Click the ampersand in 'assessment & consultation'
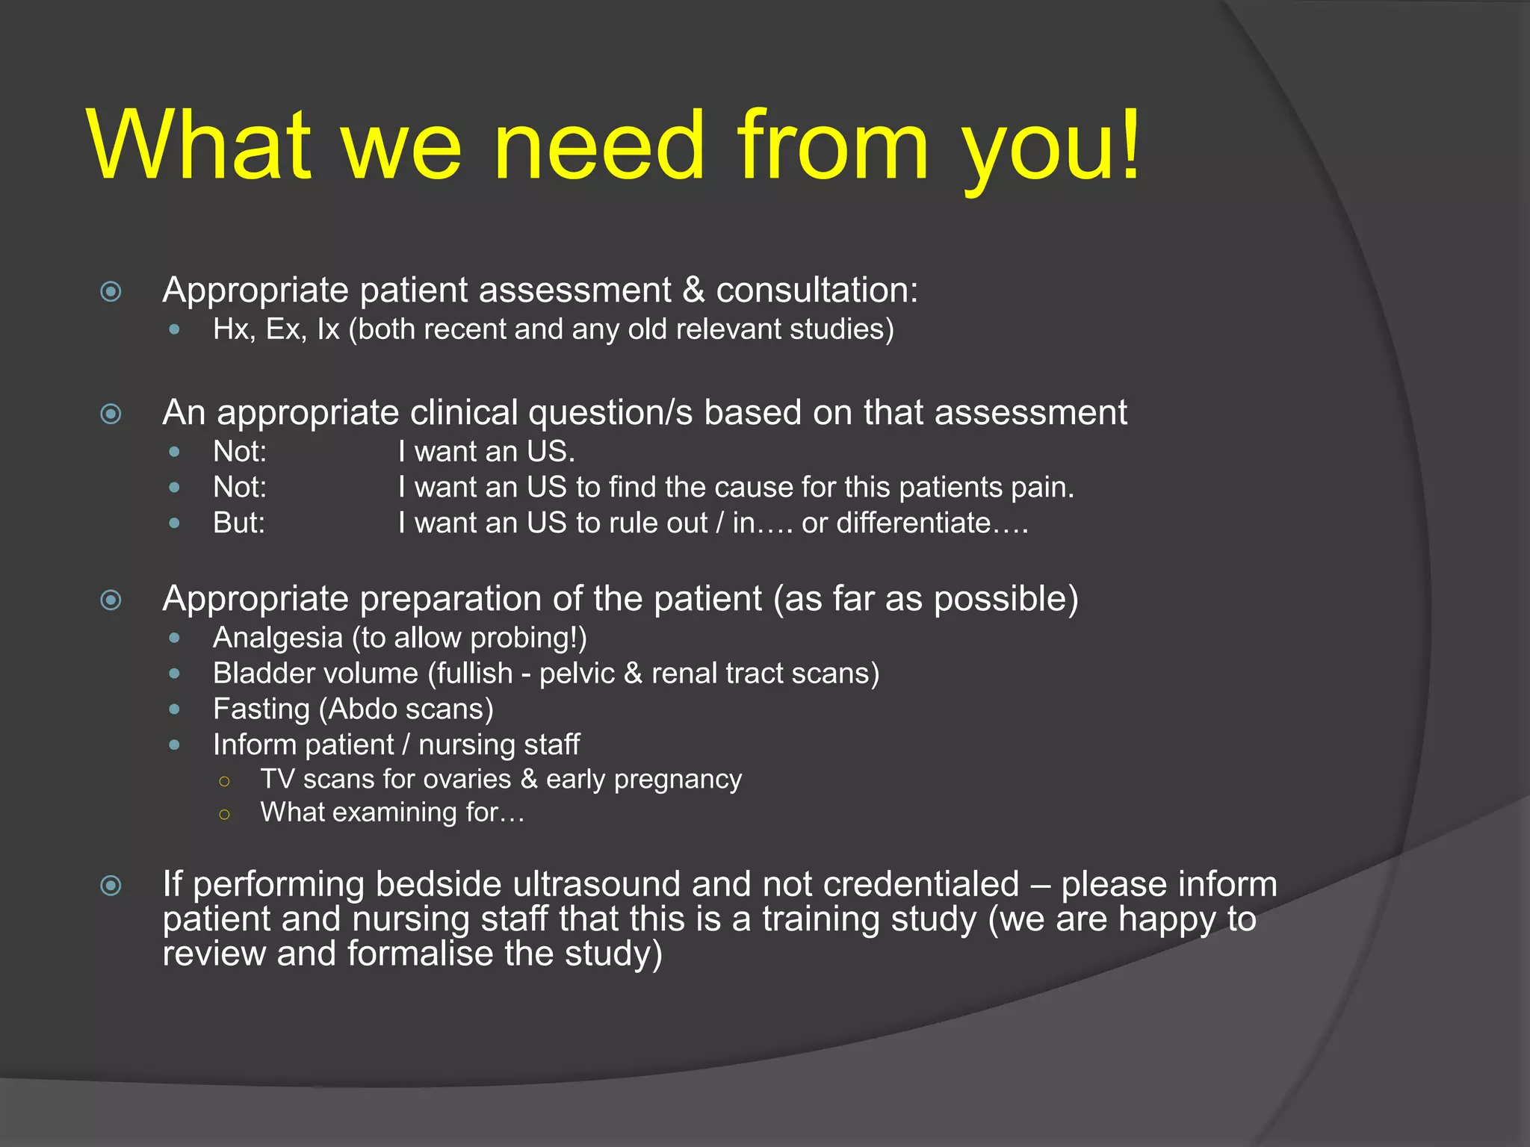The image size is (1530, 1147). pyautogui.click(x=693, y=290)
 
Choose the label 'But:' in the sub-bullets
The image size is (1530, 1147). pyautogui.click(x=239, y=523)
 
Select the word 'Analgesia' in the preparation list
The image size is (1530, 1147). pyautogui.click(x=278, y=638)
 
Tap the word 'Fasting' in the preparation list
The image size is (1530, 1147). pyautogui.click(x=261, y=709)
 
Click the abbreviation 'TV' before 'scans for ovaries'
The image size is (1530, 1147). pyautogui.click(x=277, y=779)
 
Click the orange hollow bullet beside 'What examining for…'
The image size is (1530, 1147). pyautogui.click(x=224, y=814)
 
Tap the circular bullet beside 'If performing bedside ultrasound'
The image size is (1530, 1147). pyautogui.click(x=111, y=886)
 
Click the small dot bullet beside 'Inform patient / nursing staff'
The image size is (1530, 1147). pyautogui.click(x=175, y=745)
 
